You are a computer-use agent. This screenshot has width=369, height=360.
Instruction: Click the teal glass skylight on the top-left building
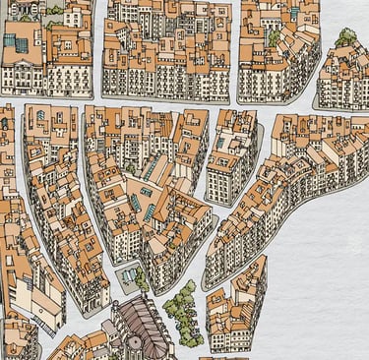pos(17,43)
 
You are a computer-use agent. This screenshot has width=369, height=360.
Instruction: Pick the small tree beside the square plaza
pos(142,279)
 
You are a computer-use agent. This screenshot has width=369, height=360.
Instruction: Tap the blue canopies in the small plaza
pos(128,273)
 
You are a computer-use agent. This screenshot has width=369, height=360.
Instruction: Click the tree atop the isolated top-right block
pos(345,38)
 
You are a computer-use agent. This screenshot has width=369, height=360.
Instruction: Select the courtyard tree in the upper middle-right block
pos(274,38)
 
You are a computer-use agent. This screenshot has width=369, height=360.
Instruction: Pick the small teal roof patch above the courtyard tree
pos(295,14)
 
